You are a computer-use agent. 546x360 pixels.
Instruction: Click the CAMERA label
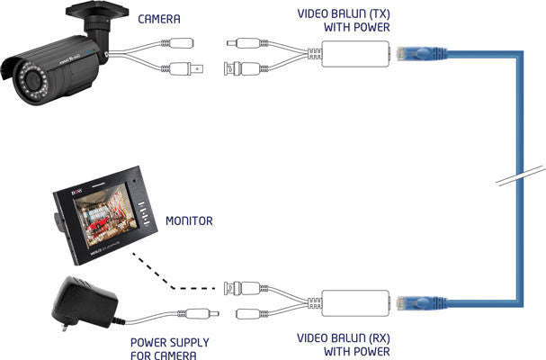pyautogui.click(x=159, y=19)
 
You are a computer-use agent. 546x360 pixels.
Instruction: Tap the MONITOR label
pyautogui.click(x=189, y=220)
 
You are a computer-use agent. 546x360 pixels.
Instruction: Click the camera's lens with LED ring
pyautogui.click(x=32, y=81)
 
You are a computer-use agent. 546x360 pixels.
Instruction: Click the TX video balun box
pyautogui.click(x=355, y=54)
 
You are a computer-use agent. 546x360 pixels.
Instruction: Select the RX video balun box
pyautogui.click(x=355, y=303)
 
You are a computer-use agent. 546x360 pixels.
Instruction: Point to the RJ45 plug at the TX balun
pyautogui.click(x=421, y=54)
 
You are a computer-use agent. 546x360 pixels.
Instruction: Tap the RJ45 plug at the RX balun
pyautogui.click(x=421, y=302)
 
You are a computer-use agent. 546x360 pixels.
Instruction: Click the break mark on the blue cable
pyautogui.click(x=520, y=175)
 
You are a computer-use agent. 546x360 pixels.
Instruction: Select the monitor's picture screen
pyautogui.click(x=104, y=215)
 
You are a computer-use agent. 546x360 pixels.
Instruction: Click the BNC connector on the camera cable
pyautogui.click(x=185, y=68)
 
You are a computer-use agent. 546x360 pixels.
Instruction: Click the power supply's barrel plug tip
pyautogui.click(x=216, y=313)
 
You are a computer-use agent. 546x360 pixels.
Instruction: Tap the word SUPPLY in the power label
pyautogui.click(x=190, y=343)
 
